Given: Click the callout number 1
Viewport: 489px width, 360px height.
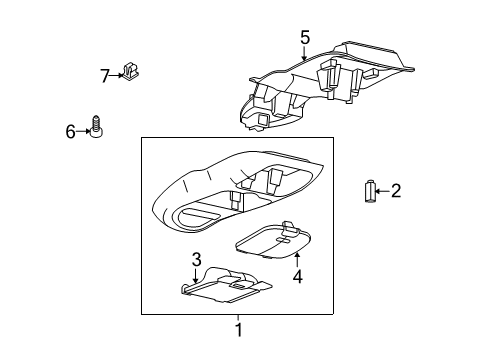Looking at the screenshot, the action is coord(238,330).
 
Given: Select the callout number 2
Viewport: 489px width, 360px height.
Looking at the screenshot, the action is coord(396,191).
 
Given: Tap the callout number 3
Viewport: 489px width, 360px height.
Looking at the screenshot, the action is coord(196,259).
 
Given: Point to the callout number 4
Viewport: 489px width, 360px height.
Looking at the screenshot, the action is coord(298,276).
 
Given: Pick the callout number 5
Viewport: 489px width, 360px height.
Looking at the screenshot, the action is coord(305,37).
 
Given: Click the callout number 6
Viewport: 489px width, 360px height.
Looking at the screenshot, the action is coord(70,131).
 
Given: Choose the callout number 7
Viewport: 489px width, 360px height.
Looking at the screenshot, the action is coord(105,76).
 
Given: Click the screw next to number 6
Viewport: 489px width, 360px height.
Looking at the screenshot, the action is coord(96,126).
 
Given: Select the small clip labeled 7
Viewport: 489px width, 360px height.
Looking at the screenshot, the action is coord(131,71).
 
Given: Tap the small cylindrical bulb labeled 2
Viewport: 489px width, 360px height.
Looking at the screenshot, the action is coord(369,191).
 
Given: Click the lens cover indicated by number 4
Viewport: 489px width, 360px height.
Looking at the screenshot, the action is coord(273,240).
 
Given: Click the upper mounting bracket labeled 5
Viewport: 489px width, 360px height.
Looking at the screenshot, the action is coord(327,85).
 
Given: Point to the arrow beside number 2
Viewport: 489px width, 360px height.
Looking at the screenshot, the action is coord(382,191).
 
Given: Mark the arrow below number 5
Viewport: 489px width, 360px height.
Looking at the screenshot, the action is coord(304,53).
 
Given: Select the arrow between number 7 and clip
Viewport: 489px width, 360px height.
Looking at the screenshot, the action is coord(116,76).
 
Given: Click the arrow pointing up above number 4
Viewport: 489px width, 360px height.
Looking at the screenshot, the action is coord(297,260).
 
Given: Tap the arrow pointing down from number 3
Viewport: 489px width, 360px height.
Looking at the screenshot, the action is coord(195,276).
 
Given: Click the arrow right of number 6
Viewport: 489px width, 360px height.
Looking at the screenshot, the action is coord(83,131).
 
